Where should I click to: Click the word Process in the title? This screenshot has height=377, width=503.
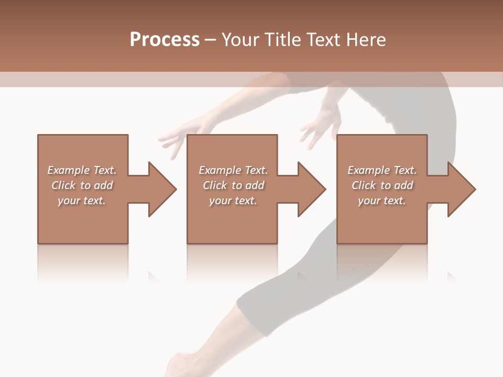point(165,40)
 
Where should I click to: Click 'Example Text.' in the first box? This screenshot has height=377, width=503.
point(82,170)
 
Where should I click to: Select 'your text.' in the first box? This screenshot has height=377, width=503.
point(82,201)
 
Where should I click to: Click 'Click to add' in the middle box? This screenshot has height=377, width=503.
point(233,185)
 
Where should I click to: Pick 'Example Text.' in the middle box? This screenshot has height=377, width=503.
point(233,170)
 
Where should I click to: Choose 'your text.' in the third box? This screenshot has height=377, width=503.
point(382,201)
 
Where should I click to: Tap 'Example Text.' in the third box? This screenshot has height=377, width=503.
point(382,170)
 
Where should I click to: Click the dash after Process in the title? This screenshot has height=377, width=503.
point(210,40)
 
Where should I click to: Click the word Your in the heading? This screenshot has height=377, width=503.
point(239,40)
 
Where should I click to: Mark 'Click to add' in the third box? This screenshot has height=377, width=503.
point(382,185)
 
